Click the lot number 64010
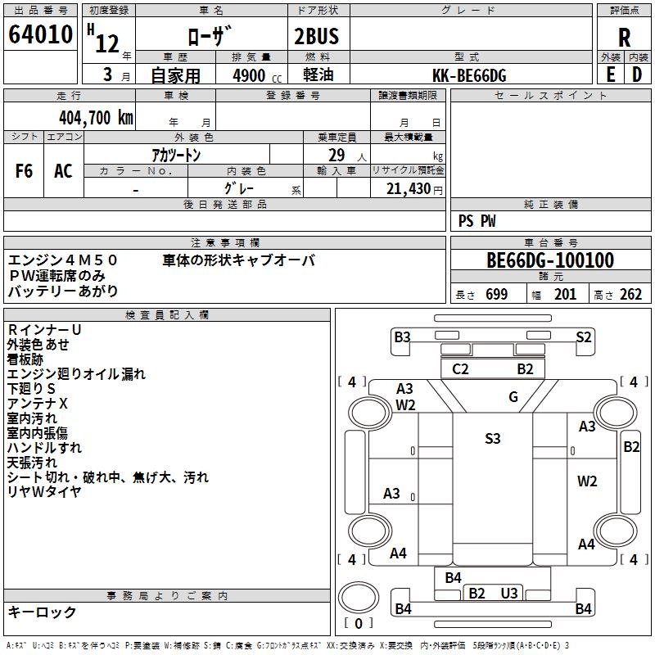pyautogui.click(x=40, y=34)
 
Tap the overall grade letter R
pyautogui.click(x=624, y=38)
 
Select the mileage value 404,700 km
pyautogui.click(x=96, y=117)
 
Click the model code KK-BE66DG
pyautogui.click(x=469, y=75)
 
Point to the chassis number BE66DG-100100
pyautogui.click(x=550, y=260)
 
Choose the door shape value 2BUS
pyautogui.click(x=316, y=36)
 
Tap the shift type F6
pyautogui.click(x=24, y=171)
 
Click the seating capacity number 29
pyautogui.click(x=337, y=155)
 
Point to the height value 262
pyautogui.click(x=630, y=294)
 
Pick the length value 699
pyautogui.click(x=497, y=294)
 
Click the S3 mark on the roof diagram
pyautogui.click(x=493, y=439)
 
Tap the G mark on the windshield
pyautogui.click(x=513, y=396)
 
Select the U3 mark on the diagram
pyautogui.click(x=509, y=593)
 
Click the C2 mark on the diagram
pyautogui.click(x=460, y=369)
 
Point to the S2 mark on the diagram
pyautogui.click(x=584, y=337)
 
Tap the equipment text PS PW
pyautogui.click(x=477, y=221)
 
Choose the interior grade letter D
pyautogui.click(x=637, y=75)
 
